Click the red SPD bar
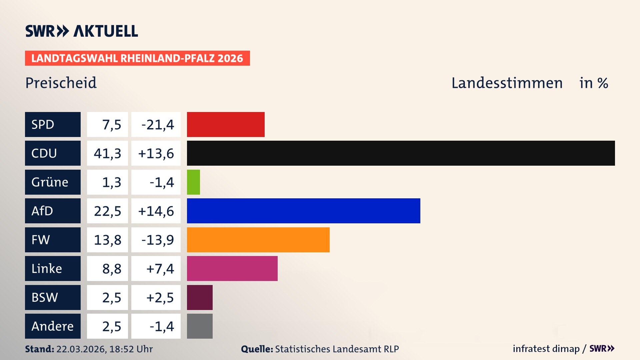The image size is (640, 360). pyautogui.click(x=226, y=124)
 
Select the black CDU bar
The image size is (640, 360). pyautogui.click(x=401, y=153)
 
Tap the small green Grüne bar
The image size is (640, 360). pyautogui.click(x=193, y=182)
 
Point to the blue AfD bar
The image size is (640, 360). pyautogui.click(x=303, y=211)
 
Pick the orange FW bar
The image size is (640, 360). pyautogui.click(x=258, y=240)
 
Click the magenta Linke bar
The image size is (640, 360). pyautogui.click(x=232, y=268)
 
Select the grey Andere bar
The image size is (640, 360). pyautogui.click(x=200, y=326)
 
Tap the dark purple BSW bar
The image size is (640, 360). pyautogui.click(x=200, y=297)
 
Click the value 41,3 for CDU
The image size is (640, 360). pyautogui.click(x=107, y=153)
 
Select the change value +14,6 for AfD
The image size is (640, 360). pyautogui.click(x=156, y=211)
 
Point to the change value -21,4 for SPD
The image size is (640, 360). pyautogui.click(x=158, y=125)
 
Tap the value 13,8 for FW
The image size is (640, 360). pyautogui.click(x=107, y=240)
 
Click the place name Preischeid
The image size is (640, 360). pyautogui.click(x=61, y=83)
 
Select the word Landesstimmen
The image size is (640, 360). pyautogui.click(x=507, y=83)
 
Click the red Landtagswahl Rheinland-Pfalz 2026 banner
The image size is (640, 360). pyautogui.click(x=137, y=58)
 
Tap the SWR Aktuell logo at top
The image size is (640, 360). pyautogui.click(x=82, y=31)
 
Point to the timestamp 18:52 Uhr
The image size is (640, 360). pyautogui.click(x=131, y=349)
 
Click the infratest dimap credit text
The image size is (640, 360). pyautogui.click(x=546, y=349)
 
